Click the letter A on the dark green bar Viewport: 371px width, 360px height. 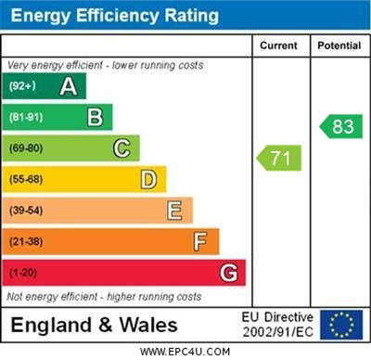tap(69, 86)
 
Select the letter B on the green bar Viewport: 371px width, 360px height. tap(95, 117)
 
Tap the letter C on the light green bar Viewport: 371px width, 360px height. tap(122, 148)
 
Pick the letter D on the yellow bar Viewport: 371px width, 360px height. tap(148, 179)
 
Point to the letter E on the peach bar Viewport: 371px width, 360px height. tap(174, 211)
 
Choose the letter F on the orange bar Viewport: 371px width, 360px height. tap(200, 241)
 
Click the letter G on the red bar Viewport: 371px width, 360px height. tap(229, 273)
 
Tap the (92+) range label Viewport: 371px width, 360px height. tap(22, 85)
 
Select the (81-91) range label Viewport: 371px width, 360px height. tap(26, 117)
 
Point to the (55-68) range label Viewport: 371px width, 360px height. tap(26, 179)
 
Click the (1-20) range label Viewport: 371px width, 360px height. tap(23, 273)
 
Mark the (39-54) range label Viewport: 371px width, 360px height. tap(26, 211)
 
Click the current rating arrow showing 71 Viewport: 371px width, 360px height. tap(279, 158)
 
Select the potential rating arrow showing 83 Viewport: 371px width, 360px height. tap(340, 126)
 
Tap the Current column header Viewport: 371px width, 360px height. tap(278, 45)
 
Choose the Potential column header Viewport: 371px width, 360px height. tap(339, 45)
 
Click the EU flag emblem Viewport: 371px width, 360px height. tap(341, 325)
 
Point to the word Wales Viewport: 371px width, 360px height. tap(148, 325)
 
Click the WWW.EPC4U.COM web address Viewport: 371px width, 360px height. tap(185, 352)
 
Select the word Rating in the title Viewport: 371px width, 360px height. tap(192, 16)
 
